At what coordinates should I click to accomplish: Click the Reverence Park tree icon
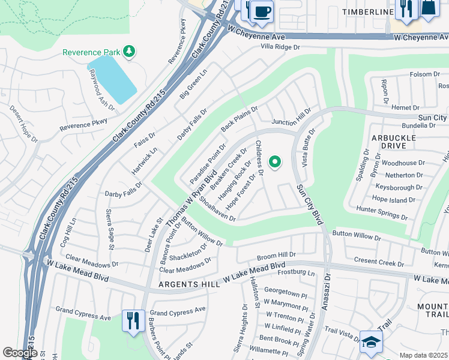click(x=128, y=52)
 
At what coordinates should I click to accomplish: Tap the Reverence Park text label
click(x=91, y=52)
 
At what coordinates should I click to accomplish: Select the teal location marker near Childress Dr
click(x=276, y=162)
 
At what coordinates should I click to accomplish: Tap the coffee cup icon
click(x=262, y=11)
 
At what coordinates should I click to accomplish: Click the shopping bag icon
click(x=429, y=8)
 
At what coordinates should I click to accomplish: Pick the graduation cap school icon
click(x=371, y=342)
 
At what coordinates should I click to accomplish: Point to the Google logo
click(x=20, y=353)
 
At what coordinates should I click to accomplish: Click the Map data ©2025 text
click(x=423, y=355)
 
